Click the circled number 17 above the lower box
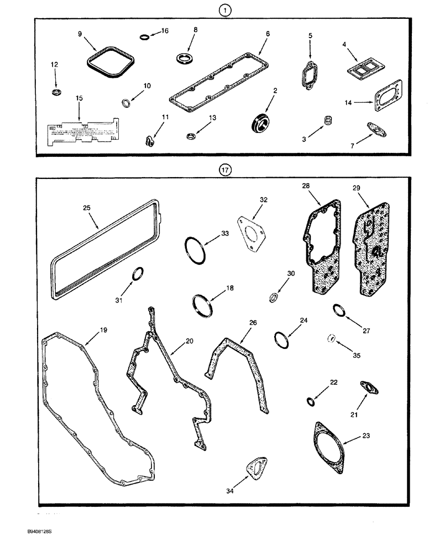point(224,171)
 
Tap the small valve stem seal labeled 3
point(329,120)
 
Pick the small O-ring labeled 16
point(143,38)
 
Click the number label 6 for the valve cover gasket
point(267,33)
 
